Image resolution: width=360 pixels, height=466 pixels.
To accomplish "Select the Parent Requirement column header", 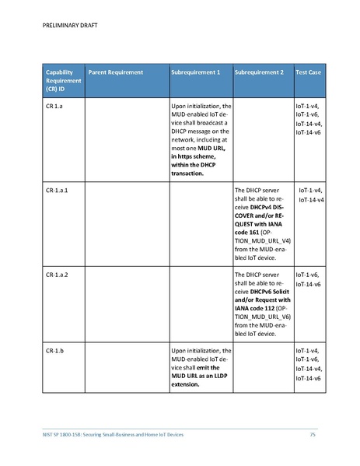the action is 115,72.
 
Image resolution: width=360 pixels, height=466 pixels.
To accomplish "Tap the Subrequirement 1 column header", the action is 195,72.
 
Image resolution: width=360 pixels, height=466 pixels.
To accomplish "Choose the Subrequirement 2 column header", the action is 259,72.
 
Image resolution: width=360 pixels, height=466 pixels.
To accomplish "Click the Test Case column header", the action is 309,72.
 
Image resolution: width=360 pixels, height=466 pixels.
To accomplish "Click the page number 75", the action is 313,433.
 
